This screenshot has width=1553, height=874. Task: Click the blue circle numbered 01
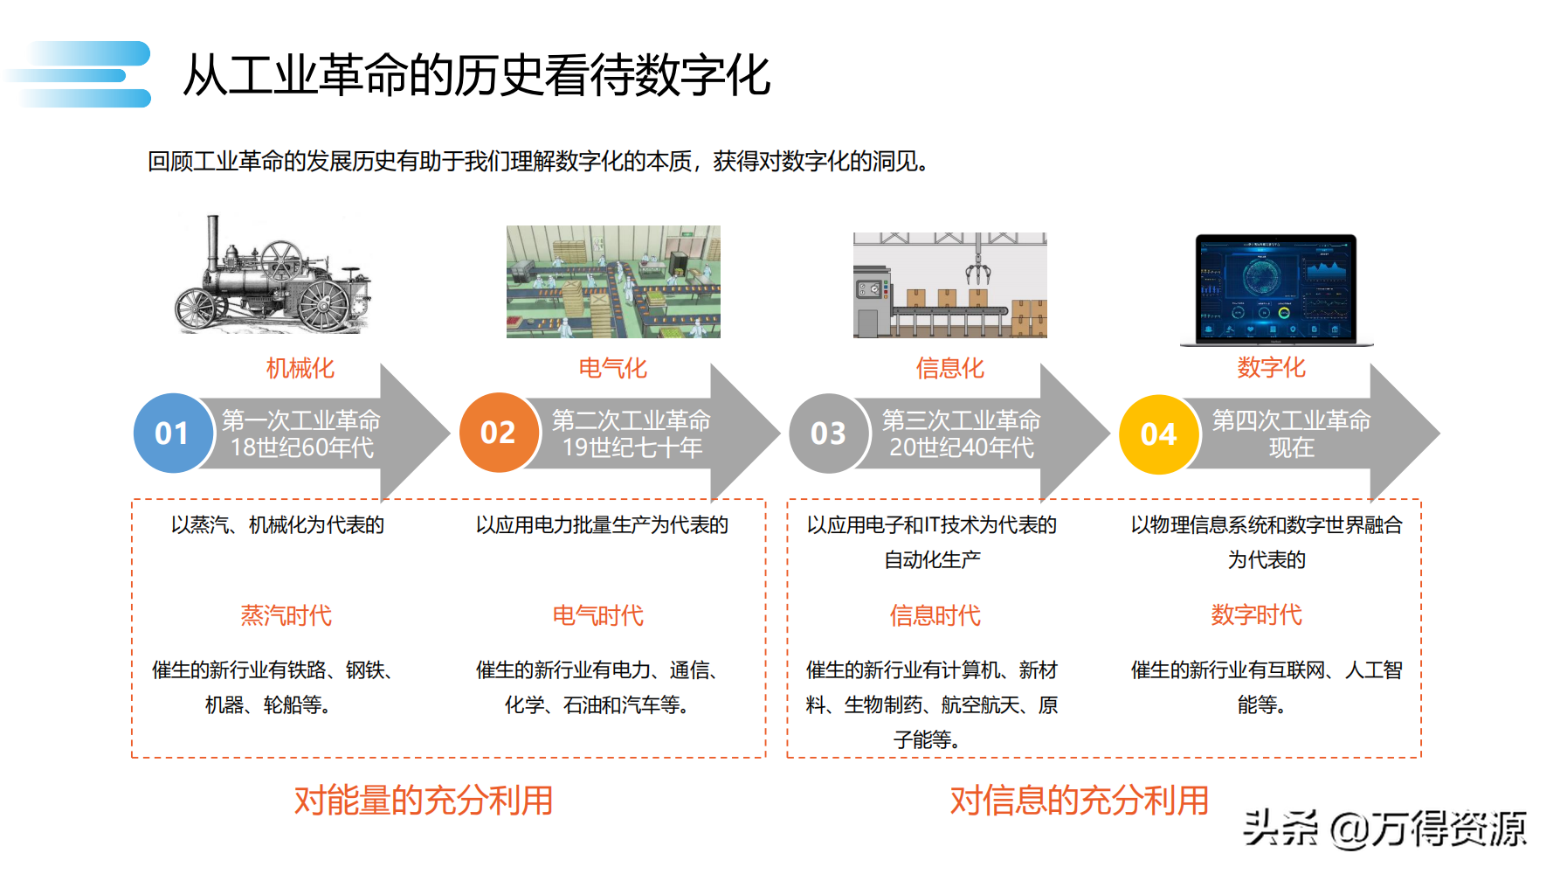(173, 434)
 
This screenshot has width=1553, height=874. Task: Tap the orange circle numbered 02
(499, 433)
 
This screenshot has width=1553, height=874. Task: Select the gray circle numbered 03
(828, 434)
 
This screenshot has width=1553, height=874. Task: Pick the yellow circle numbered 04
(1158, 434)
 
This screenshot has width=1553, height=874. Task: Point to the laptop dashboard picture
(1275, 288)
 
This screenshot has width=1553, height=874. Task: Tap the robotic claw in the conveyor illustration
(978, 267)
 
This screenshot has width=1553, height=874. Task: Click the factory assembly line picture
(613, 281)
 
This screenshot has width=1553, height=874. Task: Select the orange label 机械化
(300, 368)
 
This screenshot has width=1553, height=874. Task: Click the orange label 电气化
(612, 368)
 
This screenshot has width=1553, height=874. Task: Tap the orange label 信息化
(949, 368)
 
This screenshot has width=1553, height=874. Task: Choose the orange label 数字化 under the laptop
(1271, 367)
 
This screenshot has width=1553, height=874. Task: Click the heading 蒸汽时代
(286, 615)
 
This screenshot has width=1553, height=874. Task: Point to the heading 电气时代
(597, 615)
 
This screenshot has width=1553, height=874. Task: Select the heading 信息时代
(935, 615)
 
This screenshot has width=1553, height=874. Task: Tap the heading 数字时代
(1256, 614)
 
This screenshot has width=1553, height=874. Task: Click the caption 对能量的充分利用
(424, 801)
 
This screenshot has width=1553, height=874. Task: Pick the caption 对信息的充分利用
(1079, 801)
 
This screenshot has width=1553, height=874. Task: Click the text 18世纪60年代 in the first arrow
(301, 447)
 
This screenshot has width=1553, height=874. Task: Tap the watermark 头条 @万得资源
(1384, 828)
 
